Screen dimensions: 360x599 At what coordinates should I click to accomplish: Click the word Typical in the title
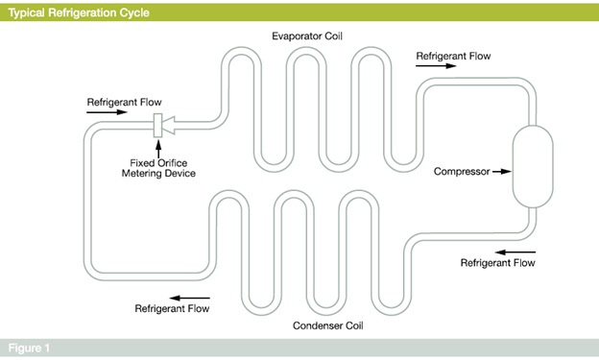point(28,12)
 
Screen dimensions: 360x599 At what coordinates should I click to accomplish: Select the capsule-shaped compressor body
point(528,169)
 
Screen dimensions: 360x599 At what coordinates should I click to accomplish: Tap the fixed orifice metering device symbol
point(159,124)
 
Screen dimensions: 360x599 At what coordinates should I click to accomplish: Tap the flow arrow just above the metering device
point(106,112)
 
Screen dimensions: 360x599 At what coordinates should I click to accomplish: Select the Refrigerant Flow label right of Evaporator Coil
point(453,56)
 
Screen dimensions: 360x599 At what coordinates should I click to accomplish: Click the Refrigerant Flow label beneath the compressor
point(498,262)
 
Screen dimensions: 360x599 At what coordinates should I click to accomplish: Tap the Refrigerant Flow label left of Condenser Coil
point(172,308)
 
